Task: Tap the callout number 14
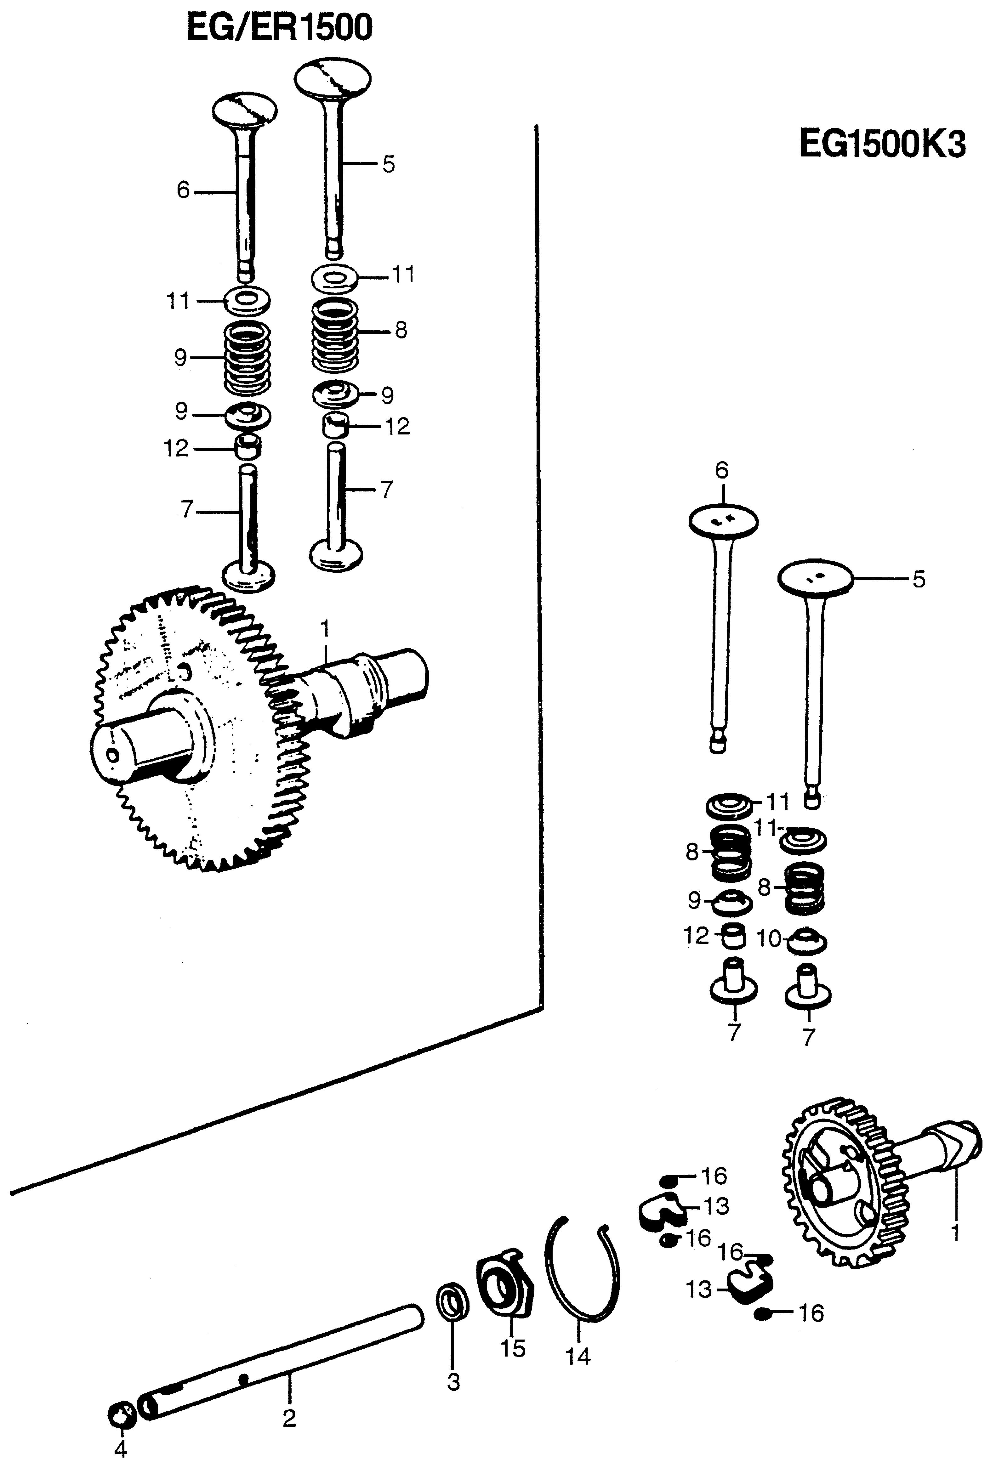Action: (578, 1356)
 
